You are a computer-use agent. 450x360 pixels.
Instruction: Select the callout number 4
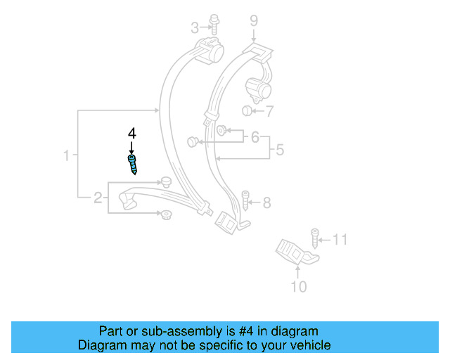click(131, 132)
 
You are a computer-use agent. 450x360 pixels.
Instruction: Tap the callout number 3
click(195, 28)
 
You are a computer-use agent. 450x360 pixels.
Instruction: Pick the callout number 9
click(254, 21)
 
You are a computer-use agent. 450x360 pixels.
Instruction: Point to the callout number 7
click(269, 111)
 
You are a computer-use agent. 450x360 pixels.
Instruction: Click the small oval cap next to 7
click(247, 111)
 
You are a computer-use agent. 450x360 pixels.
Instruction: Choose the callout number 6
click(255, 136)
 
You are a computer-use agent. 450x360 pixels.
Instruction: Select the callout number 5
click(279, 150)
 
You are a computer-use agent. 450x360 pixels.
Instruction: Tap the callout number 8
click(266, 203)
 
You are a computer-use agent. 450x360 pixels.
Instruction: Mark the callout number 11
click(340, 240)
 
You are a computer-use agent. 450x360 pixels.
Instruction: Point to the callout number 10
click(299, 286)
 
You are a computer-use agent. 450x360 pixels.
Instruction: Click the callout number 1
click(67, 155)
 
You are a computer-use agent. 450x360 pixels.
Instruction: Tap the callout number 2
click(98, 198)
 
